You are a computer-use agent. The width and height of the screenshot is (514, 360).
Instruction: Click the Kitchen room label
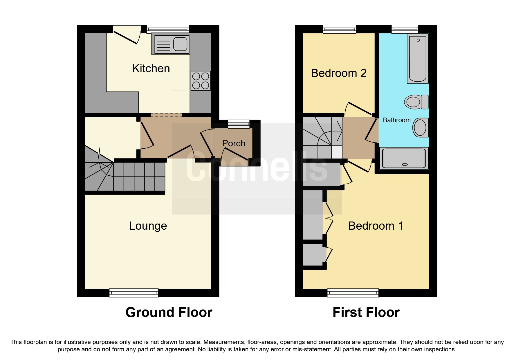click(151, 69)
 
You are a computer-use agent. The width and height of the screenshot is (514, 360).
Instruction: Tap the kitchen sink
click(172, 44)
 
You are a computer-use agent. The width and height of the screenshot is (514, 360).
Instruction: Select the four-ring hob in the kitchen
click(201, 81)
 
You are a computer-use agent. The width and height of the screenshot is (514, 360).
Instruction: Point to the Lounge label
click(148, 226)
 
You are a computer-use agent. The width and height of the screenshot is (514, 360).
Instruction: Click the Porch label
click(234, 143)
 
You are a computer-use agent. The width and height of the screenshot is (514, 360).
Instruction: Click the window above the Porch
click(239, 124)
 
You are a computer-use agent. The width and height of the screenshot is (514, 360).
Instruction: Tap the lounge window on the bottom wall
click(134, 293)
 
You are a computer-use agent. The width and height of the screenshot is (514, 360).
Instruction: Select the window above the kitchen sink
click(168, 29)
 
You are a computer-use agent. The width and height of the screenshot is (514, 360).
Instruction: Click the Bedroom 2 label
click(339, 73)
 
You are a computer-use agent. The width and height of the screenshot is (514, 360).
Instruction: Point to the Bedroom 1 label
click(376, 226)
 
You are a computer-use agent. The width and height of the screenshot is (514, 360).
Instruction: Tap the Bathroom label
click(397, 120)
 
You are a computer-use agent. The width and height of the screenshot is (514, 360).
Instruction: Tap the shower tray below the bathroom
click(404, 159)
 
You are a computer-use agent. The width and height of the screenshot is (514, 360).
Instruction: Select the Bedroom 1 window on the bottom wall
click(353, 293)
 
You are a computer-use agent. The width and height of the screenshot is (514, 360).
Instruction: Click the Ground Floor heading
click(169, 313)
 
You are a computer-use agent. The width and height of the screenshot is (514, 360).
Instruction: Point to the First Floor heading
click(366, 313)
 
